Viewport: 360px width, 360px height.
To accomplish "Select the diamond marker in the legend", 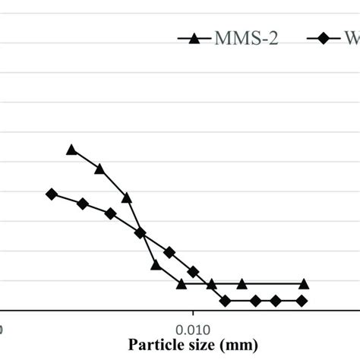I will (x=323, y=39).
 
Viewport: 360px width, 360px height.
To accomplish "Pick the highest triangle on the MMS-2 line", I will (x=72, y=150).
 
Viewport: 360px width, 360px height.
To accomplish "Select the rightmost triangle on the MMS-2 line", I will (x=304, y=284).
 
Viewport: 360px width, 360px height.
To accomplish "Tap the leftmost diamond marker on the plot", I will (x=52, y=194).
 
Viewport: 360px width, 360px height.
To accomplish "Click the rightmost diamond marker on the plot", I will (x=302, y=301).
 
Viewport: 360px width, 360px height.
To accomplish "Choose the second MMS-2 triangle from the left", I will (x=99, y=168).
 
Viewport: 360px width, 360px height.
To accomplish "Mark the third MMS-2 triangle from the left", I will (x=127, y=197).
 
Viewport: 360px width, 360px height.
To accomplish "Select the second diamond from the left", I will (x=83, y=204).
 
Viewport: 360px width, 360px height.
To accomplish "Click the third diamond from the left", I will (x=111, y=213).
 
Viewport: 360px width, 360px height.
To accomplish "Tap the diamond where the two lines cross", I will (x=141, y=232).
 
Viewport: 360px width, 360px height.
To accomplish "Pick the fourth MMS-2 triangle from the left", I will (x=155, y=265).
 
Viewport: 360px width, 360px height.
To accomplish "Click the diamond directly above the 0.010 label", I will (x=193, y=271).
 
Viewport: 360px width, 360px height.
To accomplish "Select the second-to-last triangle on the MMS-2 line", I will (x=242, y=284).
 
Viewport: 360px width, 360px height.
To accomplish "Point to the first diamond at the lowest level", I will (x=226, y=301).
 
